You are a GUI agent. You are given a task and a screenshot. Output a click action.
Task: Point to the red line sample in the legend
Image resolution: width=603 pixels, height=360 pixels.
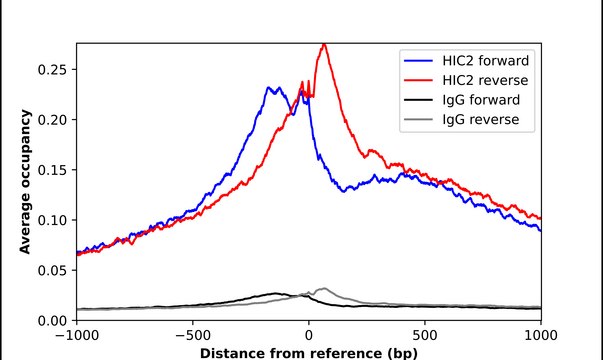[x=415, y=79]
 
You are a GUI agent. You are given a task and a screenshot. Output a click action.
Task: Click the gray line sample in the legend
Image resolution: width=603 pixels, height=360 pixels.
[x=415, y=121]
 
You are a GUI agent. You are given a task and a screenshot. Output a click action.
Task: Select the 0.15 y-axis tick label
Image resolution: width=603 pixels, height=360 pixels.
[x=54, y=169]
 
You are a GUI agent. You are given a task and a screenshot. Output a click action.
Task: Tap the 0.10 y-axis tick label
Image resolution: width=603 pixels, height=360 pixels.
[x=54, y=219]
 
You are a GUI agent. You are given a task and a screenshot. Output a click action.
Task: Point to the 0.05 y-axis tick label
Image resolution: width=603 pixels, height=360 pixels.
[x=54, y=270]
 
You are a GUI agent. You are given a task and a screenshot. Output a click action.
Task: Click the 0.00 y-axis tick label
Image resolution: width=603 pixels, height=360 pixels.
[x=54, y=320]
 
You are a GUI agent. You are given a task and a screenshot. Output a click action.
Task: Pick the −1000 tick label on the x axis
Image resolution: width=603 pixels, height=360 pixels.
[x=77, y=336]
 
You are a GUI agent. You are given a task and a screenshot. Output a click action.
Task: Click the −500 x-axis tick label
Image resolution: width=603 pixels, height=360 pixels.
[x=193, y=336]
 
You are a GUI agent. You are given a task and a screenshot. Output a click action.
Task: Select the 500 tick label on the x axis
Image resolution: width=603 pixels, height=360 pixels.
[x=425, y=336]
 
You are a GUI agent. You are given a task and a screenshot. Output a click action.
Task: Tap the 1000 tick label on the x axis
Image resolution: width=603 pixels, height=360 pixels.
[x=540, y=336]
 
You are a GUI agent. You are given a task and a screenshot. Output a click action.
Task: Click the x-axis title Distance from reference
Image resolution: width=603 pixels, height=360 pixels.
[x=308, y=352]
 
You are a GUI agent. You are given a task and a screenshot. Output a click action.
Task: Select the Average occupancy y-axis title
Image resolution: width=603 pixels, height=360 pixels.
[x=24, y=181]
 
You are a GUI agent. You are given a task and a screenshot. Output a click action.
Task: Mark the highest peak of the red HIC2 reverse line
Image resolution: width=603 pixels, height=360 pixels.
[x=323, y=44]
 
